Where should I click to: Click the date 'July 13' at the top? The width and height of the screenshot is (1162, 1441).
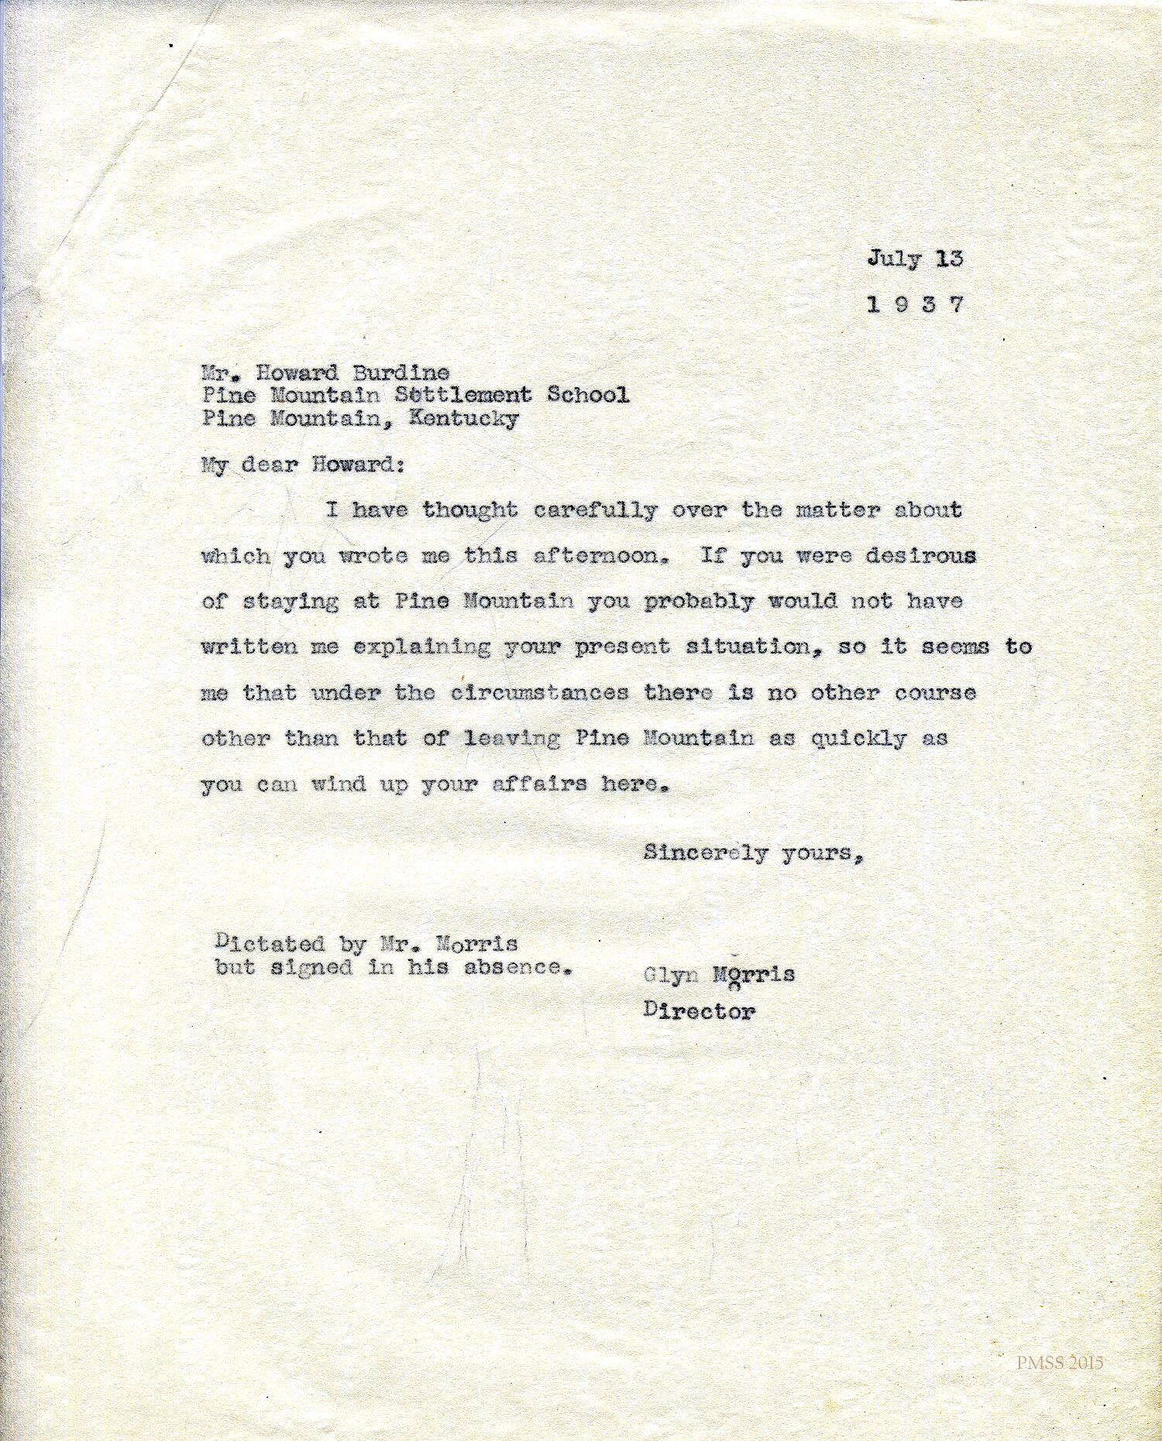(x=915, y=259)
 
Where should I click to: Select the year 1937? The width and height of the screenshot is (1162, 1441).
(x=915, y=304)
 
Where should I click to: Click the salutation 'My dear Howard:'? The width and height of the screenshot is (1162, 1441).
(x=302, y=466)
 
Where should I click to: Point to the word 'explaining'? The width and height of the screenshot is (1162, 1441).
(x=421, y=647)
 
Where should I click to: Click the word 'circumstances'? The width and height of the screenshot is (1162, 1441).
(x=539, y=692)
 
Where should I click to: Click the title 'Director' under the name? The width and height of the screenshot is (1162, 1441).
(x=699, y=1010)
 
